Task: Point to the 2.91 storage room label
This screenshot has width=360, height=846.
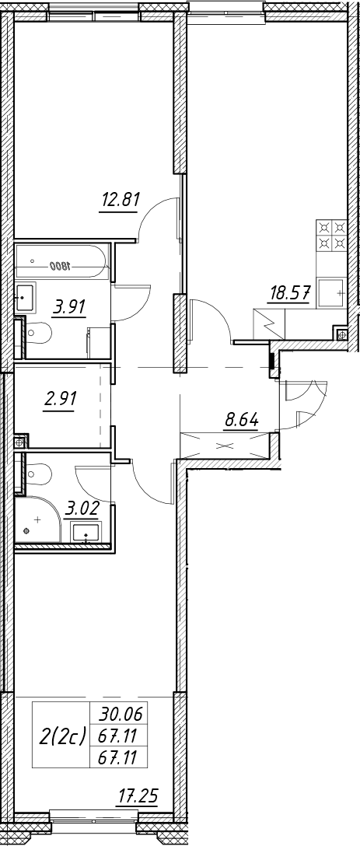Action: pyautogui.click(x=58, y=400)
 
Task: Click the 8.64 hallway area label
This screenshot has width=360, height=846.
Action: pyautogui.click(x=242, y=419)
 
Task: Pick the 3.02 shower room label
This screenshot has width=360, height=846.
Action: pyautogui.click(x=81, y=509)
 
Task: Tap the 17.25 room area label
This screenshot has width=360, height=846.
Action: pyautogui.click(x=138, y=795)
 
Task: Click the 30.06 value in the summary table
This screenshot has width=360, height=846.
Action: pyautogui.click(x=120, y=715)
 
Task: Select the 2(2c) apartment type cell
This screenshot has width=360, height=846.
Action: pyautogui.click(x=63, y=736)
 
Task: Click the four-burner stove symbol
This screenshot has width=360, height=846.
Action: pyautogui.click(x=331, y=235)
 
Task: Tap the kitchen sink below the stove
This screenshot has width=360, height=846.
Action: pyautogui.click(x=332, y=293)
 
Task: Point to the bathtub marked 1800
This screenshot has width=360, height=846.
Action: pyautogui.click(x=63, y=262)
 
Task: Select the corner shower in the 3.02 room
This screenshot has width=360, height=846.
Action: pyautogui.click(x=37, y=519)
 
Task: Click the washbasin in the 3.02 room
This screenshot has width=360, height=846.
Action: pyautogui.click(x=85, y=532)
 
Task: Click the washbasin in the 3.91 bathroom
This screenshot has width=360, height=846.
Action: pyautogui.click(x=26, y=297)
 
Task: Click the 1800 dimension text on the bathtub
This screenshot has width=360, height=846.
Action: pyautogui.click(x=60, y=266)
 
